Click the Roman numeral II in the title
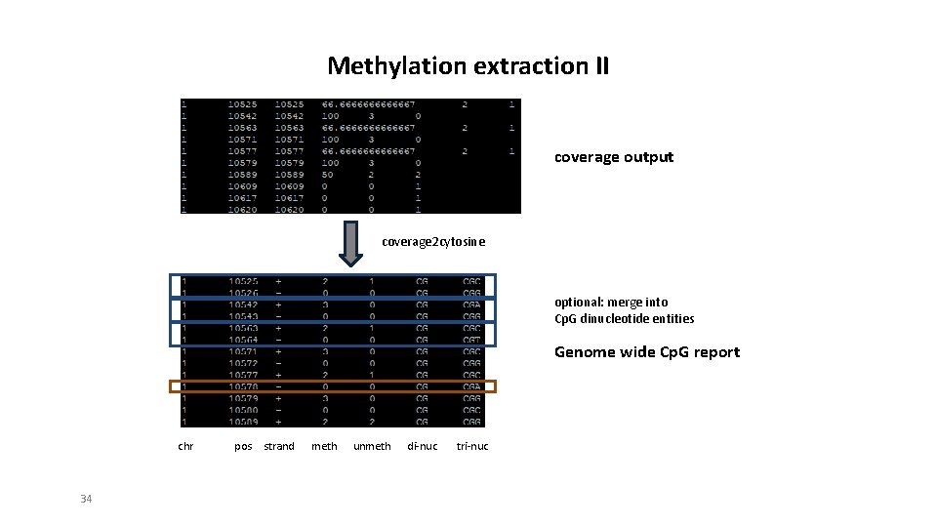coord(596,66)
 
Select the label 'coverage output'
coord(613,157)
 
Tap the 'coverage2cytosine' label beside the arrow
coord(432,241)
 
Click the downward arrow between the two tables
coord(349,245)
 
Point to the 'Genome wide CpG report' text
coord(646,352)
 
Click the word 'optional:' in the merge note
coord(579,303)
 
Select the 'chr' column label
coord(185,446)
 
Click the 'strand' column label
coord(279,446)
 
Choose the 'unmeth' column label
coord(371,446)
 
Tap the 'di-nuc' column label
coord(422,446)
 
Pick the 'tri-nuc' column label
coord(472,446)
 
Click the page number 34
coord(86,499)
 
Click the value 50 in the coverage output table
coord(329,175)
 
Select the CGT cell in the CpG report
coord(471,340)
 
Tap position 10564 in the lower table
coord(243,340)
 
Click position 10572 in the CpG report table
coord(243,363)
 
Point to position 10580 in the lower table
coord(243,410)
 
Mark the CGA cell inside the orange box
coord(471,386)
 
